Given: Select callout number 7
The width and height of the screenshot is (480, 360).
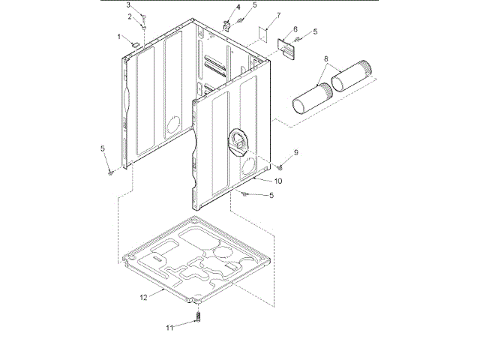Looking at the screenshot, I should coord(277,15).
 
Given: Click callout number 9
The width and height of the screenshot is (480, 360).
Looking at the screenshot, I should coord(296,153).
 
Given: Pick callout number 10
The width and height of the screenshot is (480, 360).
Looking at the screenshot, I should coord(278,181).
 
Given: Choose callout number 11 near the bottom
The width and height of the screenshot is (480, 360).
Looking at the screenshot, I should coord(170,327).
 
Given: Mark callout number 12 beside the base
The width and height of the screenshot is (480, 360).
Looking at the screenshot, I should coord(143,298).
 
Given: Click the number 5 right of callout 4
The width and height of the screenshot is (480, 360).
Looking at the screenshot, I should coord(254,5).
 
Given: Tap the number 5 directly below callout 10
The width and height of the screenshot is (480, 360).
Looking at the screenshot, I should coord(271,196).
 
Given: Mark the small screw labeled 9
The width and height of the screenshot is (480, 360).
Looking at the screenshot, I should coord(281,166).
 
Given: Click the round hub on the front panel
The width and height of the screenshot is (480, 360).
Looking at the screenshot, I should coord(237,140).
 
